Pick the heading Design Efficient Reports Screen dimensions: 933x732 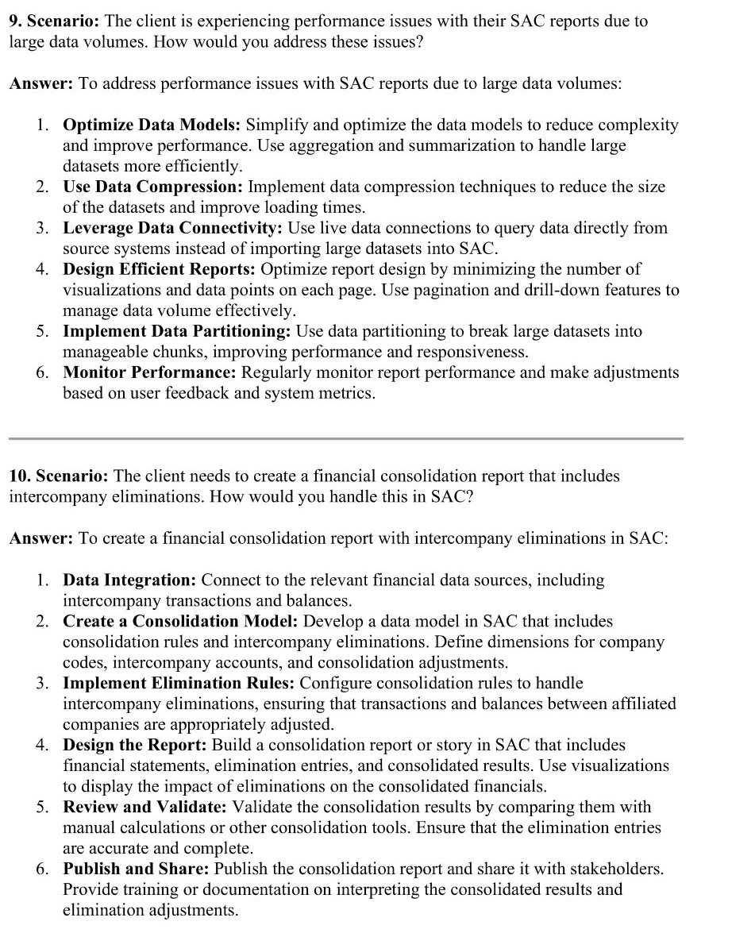(x=160, y=269)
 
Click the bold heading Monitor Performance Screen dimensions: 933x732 (x=150, y=372)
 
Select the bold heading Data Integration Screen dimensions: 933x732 (x=130, y=580)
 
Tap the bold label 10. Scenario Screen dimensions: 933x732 (x=60, y=476)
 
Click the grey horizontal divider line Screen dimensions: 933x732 (x=346, y=438)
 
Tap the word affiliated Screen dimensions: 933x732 (x=640, y=704)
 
